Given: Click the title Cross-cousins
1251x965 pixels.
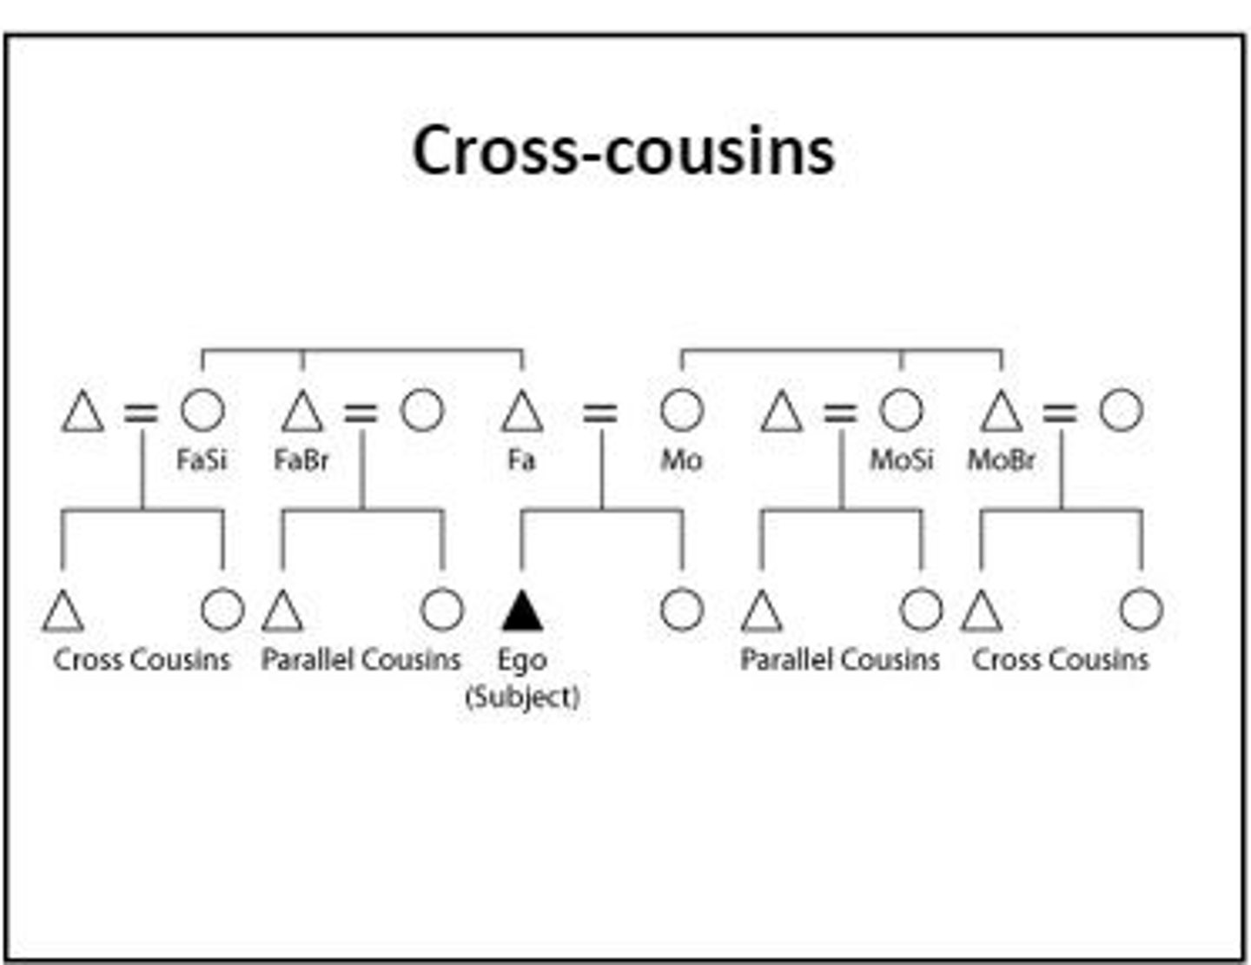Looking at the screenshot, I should point(623,150).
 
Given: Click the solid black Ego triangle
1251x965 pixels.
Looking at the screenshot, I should point(522,611).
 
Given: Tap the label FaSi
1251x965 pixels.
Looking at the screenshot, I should point(202,459).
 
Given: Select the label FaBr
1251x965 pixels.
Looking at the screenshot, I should point(301,459).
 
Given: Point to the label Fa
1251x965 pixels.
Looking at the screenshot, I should point(521,459).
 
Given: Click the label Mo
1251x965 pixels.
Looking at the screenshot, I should point(681,459).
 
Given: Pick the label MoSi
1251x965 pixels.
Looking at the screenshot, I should point(902,459).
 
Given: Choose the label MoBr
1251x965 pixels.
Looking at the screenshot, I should point(1002,459).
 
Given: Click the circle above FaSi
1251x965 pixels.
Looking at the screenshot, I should point(202,410).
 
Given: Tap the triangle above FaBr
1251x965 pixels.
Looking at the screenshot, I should point(302,413).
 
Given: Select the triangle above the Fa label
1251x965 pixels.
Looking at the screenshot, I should point(522,413).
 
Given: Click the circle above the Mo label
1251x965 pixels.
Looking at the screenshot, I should point(682,410).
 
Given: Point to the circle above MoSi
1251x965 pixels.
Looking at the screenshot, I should point(901,410).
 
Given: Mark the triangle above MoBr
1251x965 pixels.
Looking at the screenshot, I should point(1002,413).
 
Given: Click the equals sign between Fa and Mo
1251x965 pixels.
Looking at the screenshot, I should point(599,413).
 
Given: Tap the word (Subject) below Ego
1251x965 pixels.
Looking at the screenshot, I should point(522,697).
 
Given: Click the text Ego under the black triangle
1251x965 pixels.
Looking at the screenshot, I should point(521,660).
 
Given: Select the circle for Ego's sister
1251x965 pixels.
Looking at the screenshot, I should point(682,609).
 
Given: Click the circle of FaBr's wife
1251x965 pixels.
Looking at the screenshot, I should point(422,410).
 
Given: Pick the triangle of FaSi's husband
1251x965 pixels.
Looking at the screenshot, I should point(83,413).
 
